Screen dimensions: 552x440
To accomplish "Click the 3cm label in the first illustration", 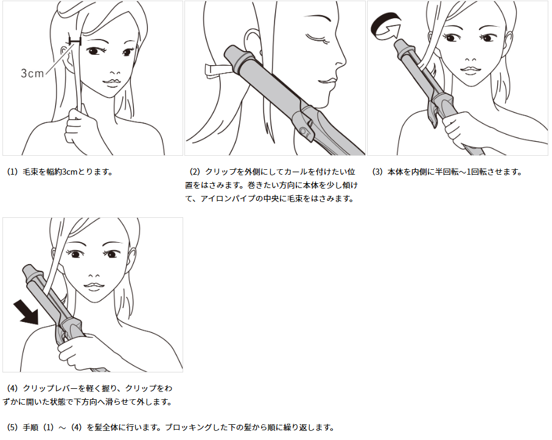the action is tap(32, 73).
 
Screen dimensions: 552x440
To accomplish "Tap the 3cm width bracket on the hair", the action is tap(75, 41).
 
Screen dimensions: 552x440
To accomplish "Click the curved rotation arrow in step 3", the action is tap(385, 26).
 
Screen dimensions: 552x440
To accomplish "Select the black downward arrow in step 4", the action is tap(26, 312).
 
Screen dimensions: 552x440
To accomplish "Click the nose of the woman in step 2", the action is tap(340, 62).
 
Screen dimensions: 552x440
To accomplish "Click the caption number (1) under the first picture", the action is tap(12, 172).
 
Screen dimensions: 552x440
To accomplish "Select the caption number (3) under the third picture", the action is tap(377, 172).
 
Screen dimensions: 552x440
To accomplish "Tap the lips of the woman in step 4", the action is tap(93, 287).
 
